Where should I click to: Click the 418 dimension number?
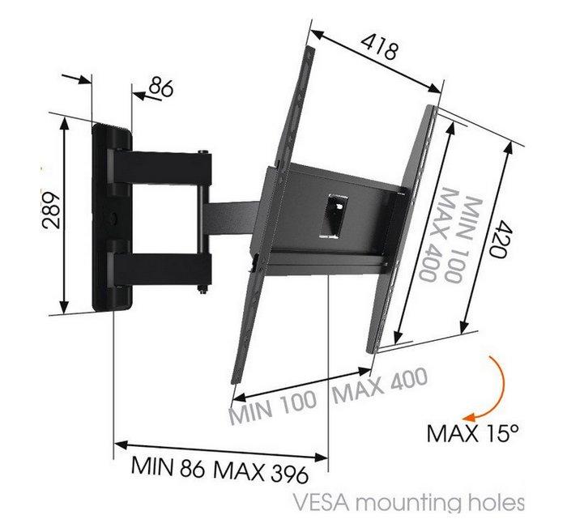pos(379,47)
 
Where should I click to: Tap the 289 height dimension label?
pos(51,210)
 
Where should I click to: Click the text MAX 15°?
pos(473,433)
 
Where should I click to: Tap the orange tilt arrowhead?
pos(470,417)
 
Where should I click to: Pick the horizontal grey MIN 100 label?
pos(274,407)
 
